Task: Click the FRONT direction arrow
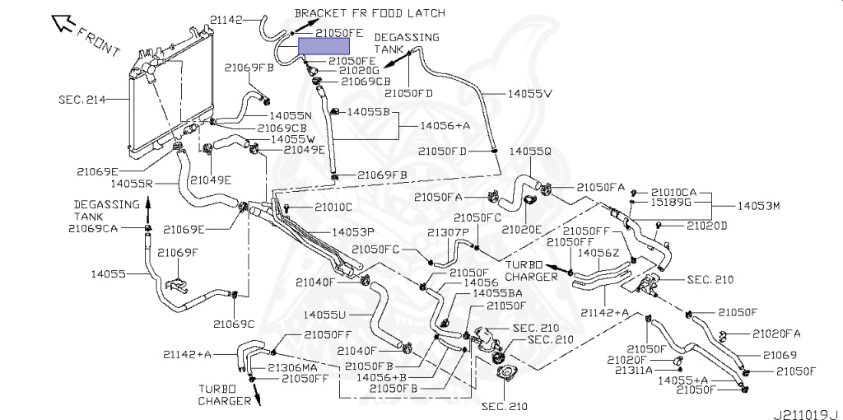pyautogui.click(x=63, y=24)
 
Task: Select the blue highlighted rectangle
pyautogui.click(x=324, y=46)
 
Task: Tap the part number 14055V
pyautogui.click(x=530, y=94)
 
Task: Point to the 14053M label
pyautogui.click(x=760, y=206)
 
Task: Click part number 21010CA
pyautogui.click(x=673, y=192)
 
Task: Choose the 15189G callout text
pyautogui.click(x=670, y=203)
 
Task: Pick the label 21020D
pyautogui.click(x=706, y=226)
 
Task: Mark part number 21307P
pyautogui.click(x=449, y=232)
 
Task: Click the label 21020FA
pyautogui.click(x=775, y=334)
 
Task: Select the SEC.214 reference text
pyautogui.click(x=82, y=100)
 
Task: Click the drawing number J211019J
pyautogui.click(x=807, y=414)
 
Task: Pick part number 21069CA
pyautogui.click(x=93, y=229)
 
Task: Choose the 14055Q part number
pyautogui.click(x=530, y=152)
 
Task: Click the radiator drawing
pyautogui.click(x=171, y=91)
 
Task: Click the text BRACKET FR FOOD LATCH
pyautogui.click(x=370, y=12)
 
